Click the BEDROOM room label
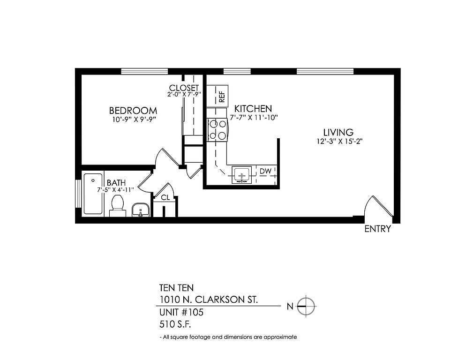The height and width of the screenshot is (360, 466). coord(133,111)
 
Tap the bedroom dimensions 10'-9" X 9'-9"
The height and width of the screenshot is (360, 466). coord(134,120)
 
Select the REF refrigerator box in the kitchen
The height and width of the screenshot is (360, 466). coord(218,96)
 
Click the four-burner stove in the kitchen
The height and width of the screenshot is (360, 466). coord(218,130)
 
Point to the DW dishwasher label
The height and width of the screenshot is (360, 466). coord(265,171)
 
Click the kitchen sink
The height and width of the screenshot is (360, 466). coord(241,175)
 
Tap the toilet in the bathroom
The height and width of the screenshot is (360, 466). coord(118,206)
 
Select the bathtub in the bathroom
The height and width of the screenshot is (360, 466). coord(93,194)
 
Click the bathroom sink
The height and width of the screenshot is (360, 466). coord(140,210)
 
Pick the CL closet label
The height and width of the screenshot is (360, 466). coord(165,197)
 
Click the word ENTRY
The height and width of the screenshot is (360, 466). coord(377,229)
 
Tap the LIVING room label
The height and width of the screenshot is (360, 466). coord(338,132)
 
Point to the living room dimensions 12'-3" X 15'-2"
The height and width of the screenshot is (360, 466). coord(339,142)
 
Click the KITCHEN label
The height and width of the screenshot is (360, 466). coord(253,108)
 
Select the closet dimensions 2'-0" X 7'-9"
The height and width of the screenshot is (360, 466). coord(184,94)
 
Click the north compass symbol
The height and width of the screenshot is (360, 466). coord(306,306)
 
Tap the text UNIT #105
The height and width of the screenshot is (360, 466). coord(181,312)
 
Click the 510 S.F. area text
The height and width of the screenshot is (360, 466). coord(175,324)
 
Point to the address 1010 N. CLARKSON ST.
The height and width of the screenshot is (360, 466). coord(209,300)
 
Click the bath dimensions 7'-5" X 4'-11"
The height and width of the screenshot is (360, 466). coord(116,190)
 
